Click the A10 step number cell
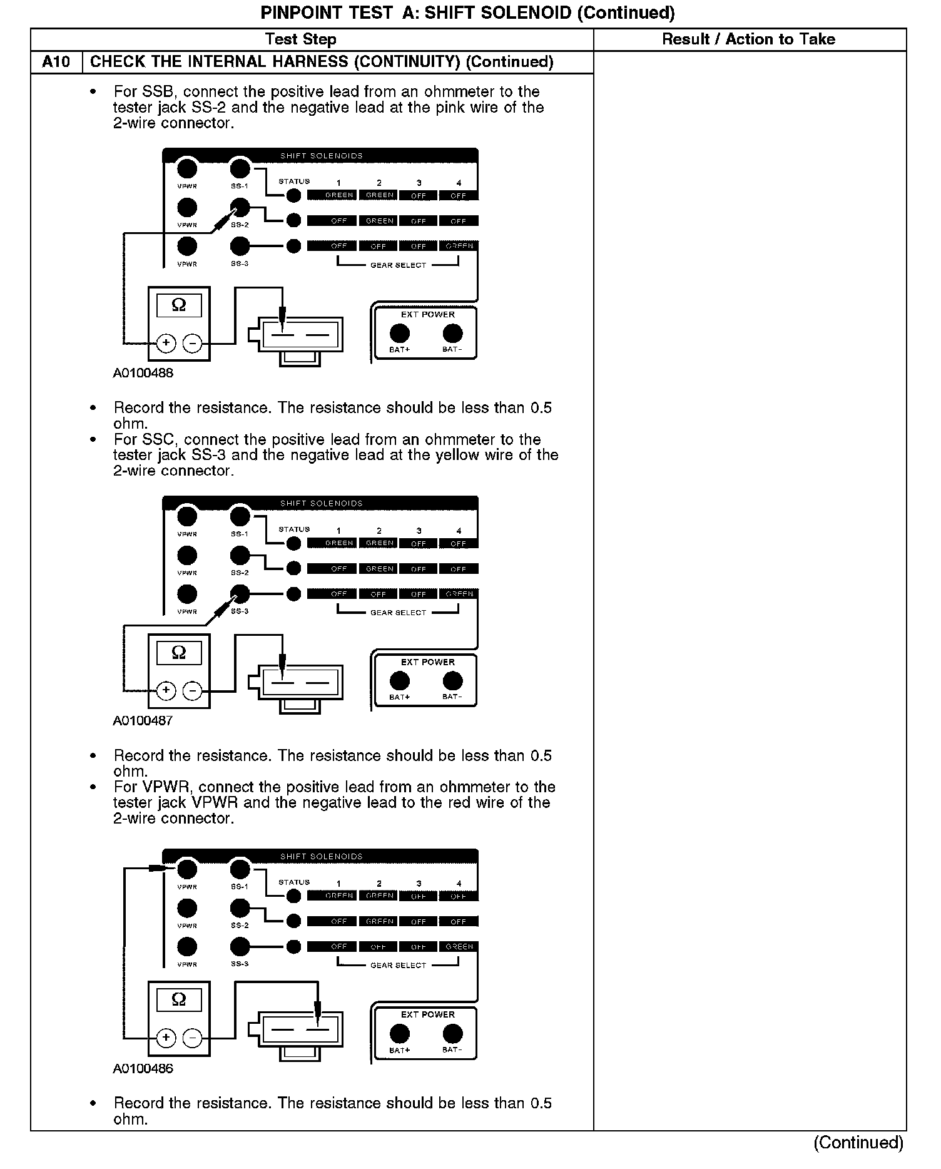click(x=56, y=62)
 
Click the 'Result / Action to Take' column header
click(x=748, y=39)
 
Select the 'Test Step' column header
click(x=300, y=39)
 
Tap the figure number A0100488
click(x=143, y=373)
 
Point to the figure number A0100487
click(x=143, y=720)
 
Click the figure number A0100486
click(x=143, y=1068)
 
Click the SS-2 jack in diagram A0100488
click(x=240, y=207)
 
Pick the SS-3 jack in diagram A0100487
click(x=240, y=593)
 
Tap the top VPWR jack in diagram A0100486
click(x=187, y=869)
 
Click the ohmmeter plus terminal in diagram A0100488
click(x=166, y=343)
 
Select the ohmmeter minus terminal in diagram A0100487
click(x=192, y=690)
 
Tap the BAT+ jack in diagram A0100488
click(x=400, y=333)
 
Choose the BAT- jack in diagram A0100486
click(x=452, y=1033)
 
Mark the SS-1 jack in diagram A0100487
click(x=240, y=517)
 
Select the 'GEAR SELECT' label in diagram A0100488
click(x=398, y=265)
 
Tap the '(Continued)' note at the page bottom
click(x=858, y=1143)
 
